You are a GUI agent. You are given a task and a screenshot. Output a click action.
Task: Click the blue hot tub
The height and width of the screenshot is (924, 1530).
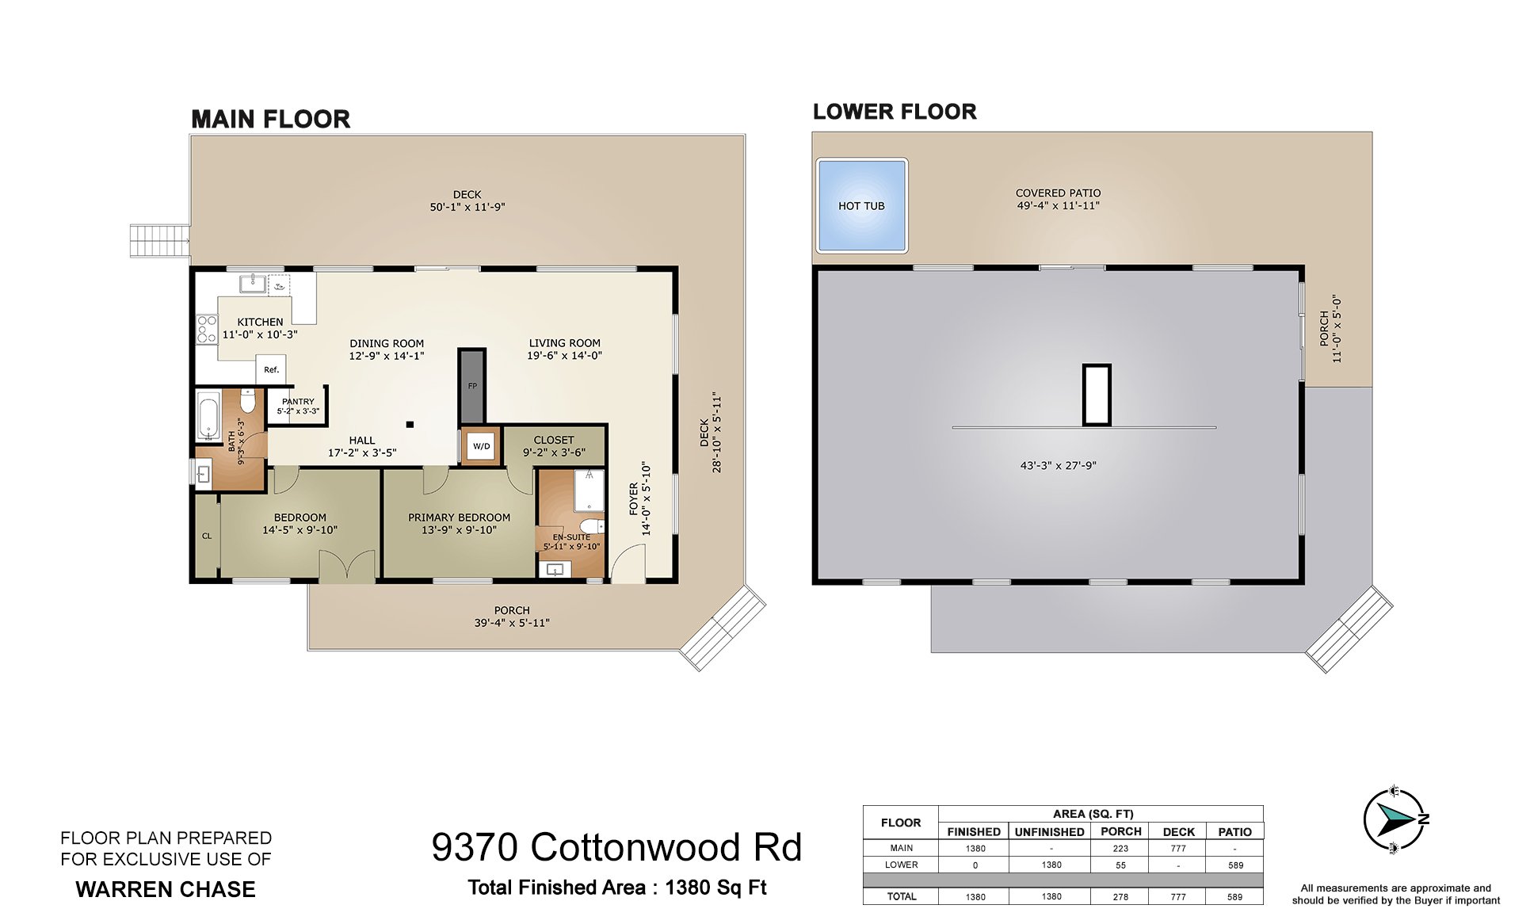pos(861,205)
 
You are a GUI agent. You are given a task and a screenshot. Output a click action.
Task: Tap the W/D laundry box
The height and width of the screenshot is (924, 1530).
pos(481,446)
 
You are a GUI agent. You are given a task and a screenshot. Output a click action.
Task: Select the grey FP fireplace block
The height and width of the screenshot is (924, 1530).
pos(472,386)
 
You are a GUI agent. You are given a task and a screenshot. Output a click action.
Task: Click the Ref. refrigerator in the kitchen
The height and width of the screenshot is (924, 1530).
pos(272,369)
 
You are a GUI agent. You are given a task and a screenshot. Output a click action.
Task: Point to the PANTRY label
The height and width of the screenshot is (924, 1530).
pos(298,402)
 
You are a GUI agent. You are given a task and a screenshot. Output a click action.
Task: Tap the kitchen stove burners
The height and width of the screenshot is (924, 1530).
pos(207,329)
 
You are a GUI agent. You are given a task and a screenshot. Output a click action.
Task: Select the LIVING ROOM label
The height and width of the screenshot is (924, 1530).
pos(564,343)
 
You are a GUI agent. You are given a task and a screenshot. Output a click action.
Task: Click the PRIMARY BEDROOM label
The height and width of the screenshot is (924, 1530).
pos(459,517)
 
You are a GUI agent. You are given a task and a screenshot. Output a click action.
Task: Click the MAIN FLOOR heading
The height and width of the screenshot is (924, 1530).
pos(271,119)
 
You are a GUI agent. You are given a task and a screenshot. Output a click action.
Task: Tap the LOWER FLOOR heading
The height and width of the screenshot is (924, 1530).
pos(895,112)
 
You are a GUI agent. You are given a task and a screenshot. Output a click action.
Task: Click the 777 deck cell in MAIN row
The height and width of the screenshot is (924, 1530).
pos(1178,848)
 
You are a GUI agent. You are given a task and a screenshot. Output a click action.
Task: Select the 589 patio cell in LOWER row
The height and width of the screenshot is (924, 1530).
pos(1235,865)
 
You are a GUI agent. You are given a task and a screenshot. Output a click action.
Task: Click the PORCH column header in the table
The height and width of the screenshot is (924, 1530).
pos(1120,831)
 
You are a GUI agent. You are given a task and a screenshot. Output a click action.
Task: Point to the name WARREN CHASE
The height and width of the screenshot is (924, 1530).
pos(166,889)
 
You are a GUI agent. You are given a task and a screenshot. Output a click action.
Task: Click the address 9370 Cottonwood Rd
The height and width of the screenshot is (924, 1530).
pos(616,847)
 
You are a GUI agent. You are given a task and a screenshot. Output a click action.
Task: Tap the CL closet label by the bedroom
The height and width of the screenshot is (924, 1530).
pos(207,536)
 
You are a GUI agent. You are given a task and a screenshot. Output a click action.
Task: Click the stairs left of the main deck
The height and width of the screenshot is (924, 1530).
pos(160,241)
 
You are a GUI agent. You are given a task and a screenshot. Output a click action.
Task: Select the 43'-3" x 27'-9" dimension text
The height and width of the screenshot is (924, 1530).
pos(1058,466)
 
